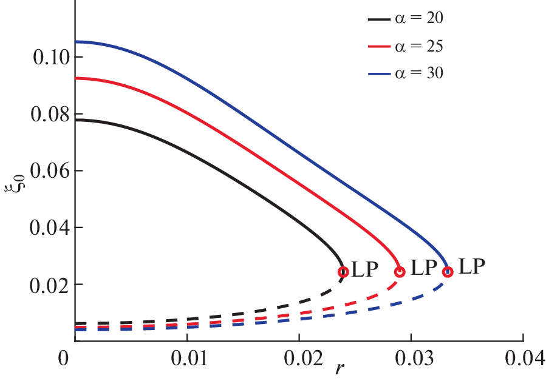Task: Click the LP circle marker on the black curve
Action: (343, 272)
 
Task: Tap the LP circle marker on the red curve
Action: (400, 271)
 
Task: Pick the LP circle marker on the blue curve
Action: (448, 271)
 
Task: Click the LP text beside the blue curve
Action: (472, 267)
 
